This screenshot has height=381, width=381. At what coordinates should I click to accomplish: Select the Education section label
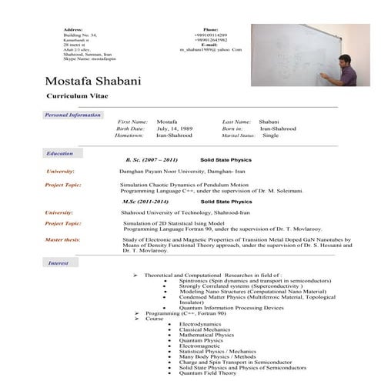tap(59, 154)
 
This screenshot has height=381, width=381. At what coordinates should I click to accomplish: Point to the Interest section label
tap(58, 263)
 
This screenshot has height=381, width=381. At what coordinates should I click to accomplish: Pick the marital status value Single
tap(270, 135)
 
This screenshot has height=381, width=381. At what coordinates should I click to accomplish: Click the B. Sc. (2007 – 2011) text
tap(151, 159)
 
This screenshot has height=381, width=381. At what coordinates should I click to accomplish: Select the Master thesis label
tap(62, 240)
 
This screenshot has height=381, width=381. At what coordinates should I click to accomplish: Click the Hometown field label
tap(130, 135)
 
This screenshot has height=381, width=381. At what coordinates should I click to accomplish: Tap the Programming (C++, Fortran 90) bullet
tap(182, 313)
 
